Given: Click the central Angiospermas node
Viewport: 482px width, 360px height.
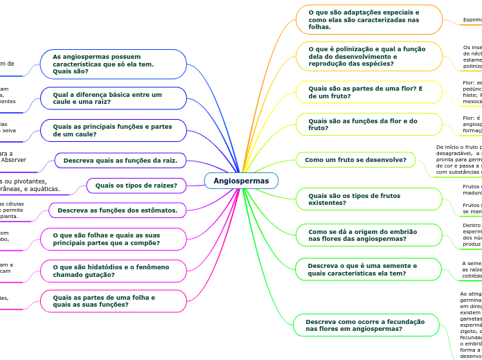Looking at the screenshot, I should (241, 181).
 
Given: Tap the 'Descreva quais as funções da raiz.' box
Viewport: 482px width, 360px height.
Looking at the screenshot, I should (120, 161).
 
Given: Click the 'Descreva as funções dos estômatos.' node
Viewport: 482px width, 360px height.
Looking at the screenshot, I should (117, 210).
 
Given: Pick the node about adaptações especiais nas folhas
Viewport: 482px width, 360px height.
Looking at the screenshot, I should (368, 19).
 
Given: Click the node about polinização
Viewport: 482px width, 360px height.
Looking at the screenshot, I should (368, 55).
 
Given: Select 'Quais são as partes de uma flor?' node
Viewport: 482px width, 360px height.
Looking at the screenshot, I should (368, 93).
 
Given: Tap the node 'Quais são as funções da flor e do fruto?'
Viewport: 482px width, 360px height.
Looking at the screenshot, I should (368, 125).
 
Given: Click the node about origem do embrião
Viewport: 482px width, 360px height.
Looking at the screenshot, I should (368, 235).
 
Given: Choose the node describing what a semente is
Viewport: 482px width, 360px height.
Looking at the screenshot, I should (368, 269).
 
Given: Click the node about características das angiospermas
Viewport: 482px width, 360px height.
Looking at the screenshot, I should (114, 64).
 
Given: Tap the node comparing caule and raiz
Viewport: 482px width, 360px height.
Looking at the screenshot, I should (114, 98).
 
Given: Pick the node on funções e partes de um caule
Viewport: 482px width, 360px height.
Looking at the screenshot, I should (114, 130).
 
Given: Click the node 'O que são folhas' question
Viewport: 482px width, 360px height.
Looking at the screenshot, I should (114, 239).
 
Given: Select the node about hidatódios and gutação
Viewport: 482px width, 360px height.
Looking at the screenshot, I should (114, 271).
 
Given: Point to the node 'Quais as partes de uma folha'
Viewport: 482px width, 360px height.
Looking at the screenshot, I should (114, 301).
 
